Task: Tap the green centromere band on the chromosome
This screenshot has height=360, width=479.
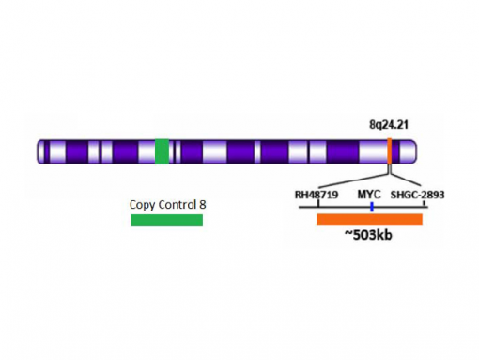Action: click(162, 151)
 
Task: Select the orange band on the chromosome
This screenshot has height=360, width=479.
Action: click(389, 151)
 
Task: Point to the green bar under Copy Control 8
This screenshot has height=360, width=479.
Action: click(166, 220)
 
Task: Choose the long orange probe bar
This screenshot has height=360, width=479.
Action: click(369, 220)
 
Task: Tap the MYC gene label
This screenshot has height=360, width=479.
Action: click(369, 196)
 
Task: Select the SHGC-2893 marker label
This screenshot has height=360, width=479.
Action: click(418, 196)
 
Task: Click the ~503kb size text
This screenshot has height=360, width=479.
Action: click(368, 235)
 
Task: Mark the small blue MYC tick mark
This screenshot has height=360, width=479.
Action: click(372, 206)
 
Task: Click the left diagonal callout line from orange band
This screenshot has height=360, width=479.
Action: click(355, 180)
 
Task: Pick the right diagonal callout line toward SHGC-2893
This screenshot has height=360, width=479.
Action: click(405, 180)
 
